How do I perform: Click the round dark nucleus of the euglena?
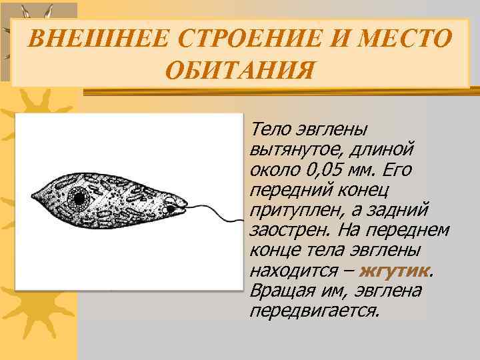[x=79, y=198]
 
